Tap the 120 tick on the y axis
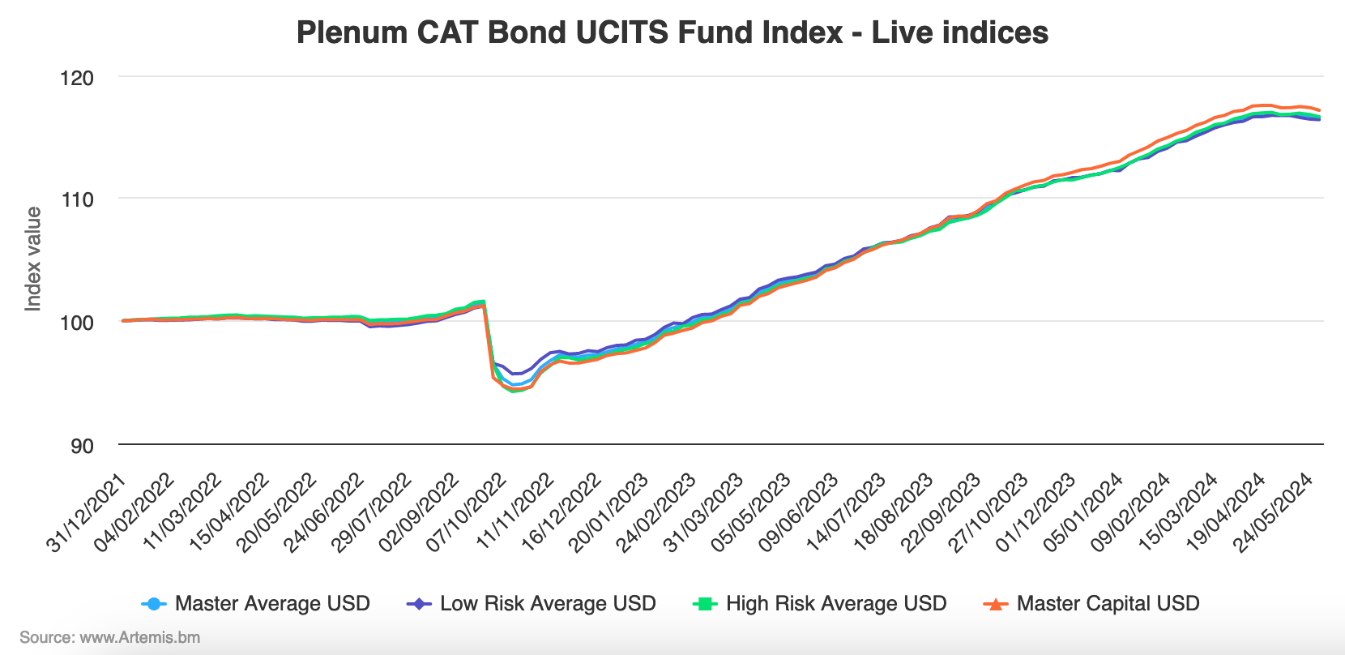[77, 79]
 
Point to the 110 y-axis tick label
[77, 199]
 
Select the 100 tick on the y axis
[77, 323]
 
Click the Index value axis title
[33, 259]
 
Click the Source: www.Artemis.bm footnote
[110, 638]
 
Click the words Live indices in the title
[959, 33]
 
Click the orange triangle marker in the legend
[995, 604]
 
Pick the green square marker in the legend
[705, 604]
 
